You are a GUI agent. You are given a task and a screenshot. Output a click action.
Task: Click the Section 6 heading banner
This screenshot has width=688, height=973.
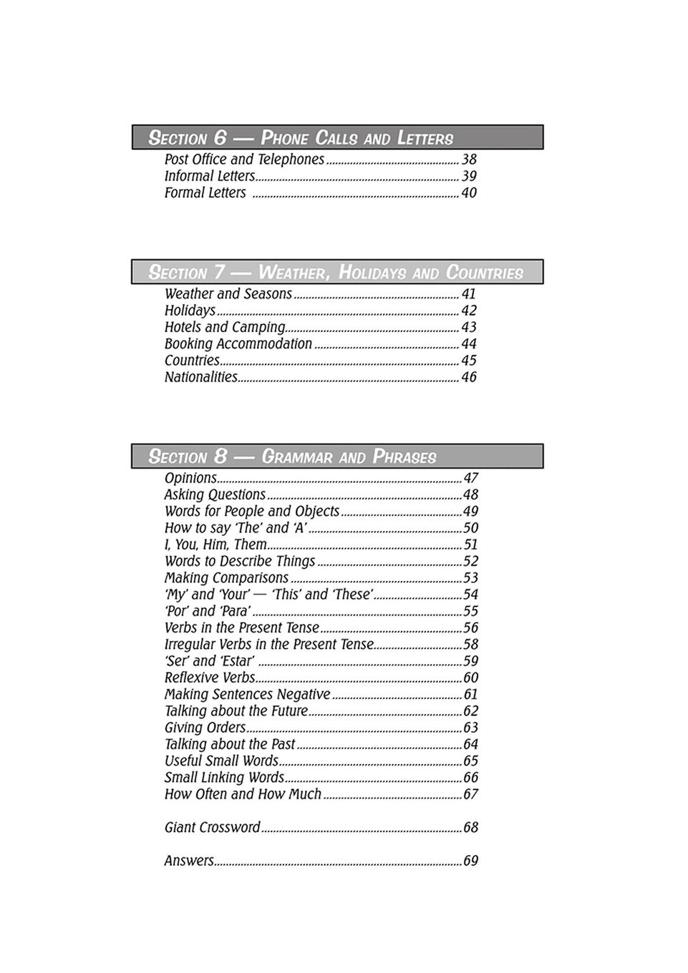pos(337,137)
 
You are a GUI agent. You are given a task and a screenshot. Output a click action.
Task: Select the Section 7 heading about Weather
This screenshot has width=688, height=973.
pos(337,272)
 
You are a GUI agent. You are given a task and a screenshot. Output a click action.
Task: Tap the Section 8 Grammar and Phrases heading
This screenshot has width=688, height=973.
pos(337,456)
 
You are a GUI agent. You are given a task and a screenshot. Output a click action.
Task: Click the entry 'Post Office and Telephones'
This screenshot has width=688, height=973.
pos(244,160)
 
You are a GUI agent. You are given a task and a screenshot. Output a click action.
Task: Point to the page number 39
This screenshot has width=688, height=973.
pos(469,176)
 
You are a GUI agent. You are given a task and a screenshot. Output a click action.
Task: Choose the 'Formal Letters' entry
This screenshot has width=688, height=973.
pos(205,193)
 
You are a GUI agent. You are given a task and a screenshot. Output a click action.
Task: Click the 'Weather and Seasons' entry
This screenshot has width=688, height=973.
pos(228,294)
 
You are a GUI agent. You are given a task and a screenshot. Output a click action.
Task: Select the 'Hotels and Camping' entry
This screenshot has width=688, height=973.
pos(224,327)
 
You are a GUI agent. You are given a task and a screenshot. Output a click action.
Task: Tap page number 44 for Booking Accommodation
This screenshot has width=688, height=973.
pos(469,344)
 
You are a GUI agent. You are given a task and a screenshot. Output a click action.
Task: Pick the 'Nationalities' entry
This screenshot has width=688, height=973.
pos(200,377)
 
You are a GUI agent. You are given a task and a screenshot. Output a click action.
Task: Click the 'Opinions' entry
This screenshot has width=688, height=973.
pos(190,478)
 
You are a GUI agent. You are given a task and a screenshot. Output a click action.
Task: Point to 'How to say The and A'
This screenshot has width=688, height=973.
pos(236,528)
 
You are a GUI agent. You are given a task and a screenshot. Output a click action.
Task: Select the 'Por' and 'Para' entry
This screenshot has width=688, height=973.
pos(208,611)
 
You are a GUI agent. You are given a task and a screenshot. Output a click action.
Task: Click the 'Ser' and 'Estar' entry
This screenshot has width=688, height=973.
pos(209,661)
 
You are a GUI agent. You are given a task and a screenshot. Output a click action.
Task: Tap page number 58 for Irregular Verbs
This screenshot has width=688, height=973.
pos(470,645)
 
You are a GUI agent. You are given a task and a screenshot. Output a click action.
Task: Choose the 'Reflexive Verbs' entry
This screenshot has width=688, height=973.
pos(210,678)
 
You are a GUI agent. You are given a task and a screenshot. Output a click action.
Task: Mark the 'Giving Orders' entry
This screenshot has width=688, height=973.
pos(205,728)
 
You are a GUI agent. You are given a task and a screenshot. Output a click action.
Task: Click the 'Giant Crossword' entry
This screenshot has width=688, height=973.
pos(212,828)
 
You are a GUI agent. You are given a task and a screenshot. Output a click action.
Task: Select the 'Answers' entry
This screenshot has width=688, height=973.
pos(189,861)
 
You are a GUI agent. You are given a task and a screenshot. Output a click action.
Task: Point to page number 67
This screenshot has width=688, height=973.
pos(470,794)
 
